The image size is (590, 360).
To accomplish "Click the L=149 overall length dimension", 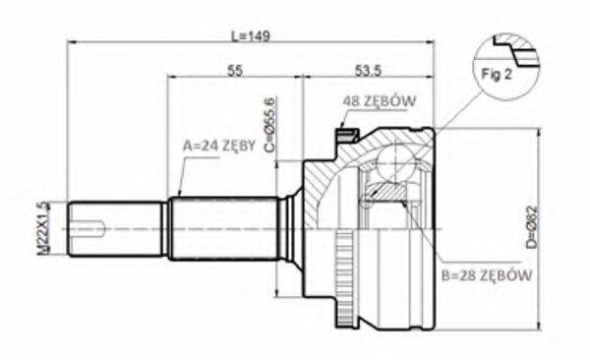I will tap(250, 35).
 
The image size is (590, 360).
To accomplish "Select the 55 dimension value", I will tap(235, 70).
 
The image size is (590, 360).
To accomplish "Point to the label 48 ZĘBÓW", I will tap(381, 101).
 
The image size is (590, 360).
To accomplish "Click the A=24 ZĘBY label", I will tap(219, 145).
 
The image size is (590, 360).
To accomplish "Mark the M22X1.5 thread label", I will tap(41, 227).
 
